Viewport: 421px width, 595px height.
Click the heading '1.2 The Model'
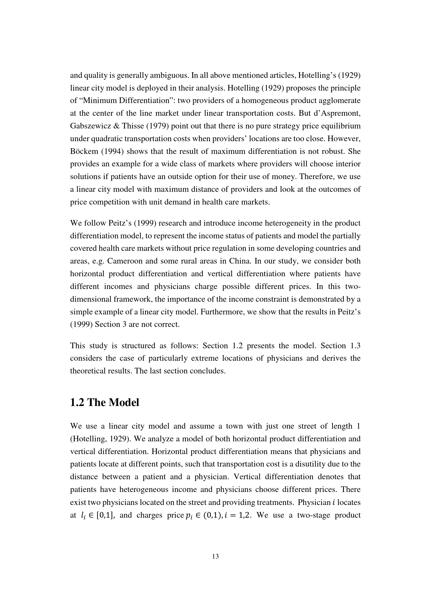coord(104,402)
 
